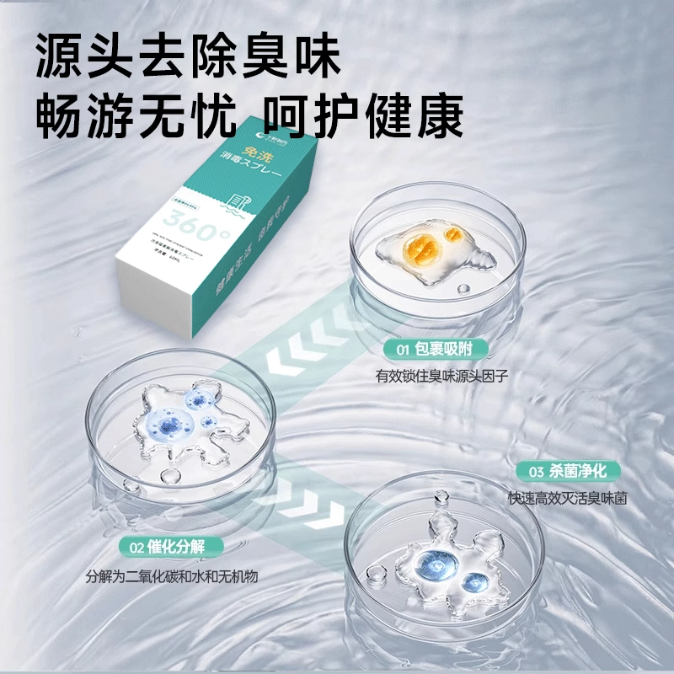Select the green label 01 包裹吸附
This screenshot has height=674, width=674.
436,349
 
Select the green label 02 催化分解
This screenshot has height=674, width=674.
163,547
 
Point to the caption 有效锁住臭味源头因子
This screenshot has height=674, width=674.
441,377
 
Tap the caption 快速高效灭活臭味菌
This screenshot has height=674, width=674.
567,498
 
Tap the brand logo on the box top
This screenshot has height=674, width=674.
275,130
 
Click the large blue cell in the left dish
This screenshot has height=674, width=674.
172,420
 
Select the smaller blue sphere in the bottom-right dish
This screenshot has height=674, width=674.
477,580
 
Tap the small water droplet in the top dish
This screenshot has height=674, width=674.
462,289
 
